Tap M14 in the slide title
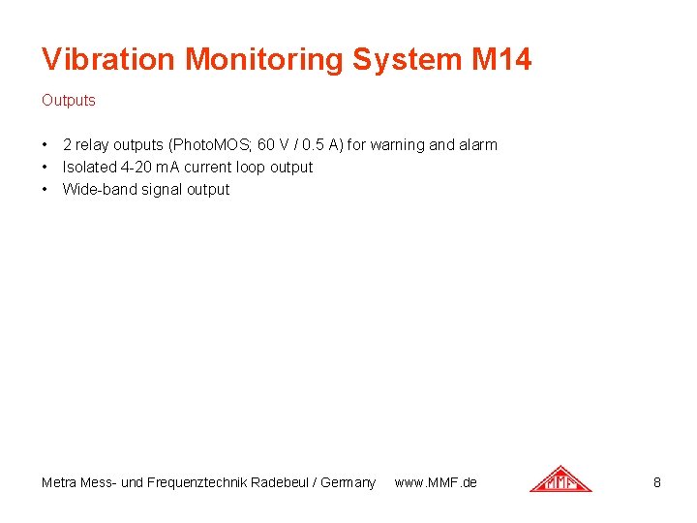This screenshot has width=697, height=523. (501, 60)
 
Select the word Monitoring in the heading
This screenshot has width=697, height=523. (264, 60)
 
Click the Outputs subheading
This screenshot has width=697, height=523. (69, 100)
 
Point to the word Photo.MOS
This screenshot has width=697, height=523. (211, 145)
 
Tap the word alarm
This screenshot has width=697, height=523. (478, 145)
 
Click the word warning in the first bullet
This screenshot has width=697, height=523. (398, 145)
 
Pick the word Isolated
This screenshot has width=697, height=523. (89, 168)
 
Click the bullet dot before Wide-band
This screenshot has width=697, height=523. (45, 190)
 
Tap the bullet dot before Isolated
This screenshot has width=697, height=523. (45, 168)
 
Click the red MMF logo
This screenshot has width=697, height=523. (561, 478)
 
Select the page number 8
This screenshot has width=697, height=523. (657, 482)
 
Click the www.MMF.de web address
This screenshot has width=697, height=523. (436, 482)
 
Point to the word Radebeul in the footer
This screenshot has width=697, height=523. (284, 482)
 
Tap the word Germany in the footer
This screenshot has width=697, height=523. (349, 482)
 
